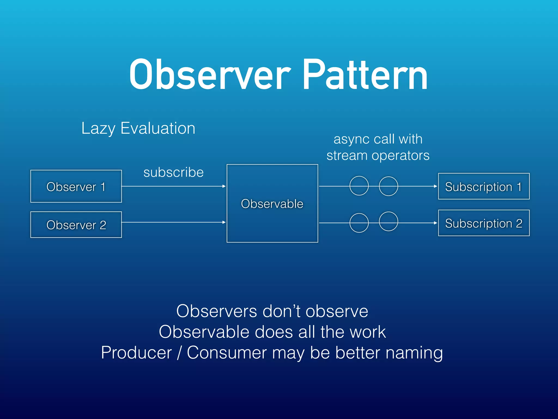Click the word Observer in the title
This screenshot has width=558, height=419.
210,75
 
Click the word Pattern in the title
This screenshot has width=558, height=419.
365,75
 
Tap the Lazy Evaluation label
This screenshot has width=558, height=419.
138,128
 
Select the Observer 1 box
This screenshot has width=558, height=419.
76,186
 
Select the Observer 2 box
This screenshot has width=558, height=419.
76,225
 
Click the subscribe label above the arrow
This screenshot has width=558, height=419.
174,172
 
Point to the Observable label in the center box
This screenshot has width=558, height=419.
272,204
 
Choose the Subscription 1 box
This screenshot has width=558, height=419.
484,187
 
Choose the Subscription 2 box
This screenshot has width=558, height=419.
484,223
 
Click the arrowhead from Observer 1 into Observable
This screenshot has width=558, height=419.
224,186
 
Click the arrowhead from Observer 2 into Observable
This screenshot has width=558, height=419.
224,222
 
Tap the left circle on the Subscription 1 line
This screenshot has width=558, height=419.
359,186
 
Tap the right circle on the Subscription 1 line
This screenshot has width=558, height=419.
389,186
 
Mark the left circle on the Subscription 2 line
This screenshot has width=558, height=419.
359,223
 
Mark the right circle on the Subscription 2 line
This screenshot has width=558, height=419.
389,221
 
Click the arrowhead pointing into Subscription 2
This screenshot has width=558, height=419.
435,223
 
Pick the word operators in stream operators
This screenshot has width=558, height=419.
401,156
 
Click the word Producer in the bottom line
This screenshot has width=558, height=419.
136,352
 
